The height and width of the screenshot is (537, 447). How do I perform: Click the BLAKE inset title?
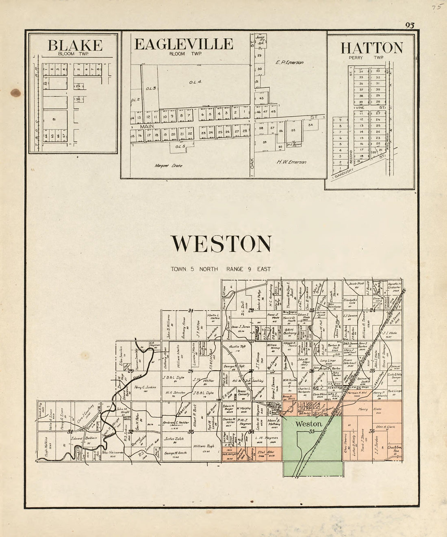click(x=75, y=45)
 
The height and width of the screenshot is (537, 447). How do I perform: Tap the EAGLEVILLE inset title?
click(x=184, y=44)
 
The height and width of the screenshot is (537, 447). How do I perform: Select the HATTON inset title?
click(x=371, y=48)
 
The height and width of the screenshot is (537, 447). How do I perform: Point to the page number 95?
click(x=409, y=26)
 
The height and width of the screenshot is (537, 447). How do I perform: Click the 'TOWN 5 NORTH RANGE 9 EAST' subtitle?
click(x=221, y=269)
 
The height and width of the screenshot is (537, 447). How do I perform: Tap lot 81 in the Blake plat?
click(x=54, y=119)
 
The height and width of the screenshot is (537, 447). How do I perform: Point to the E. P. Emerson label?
click(x=289, y=62)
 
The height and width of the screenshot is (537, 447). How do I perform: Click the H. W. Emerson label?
click(x=291, y=162)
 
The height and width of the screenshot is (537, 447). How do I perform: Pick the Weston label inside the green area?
click(x=309, y=424)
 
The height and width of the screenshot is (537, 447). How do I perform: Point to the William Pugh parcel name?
click(x=204, y=446)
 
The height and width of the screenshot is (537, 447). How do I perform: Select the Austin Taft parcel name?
click(x=234, y=347)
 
